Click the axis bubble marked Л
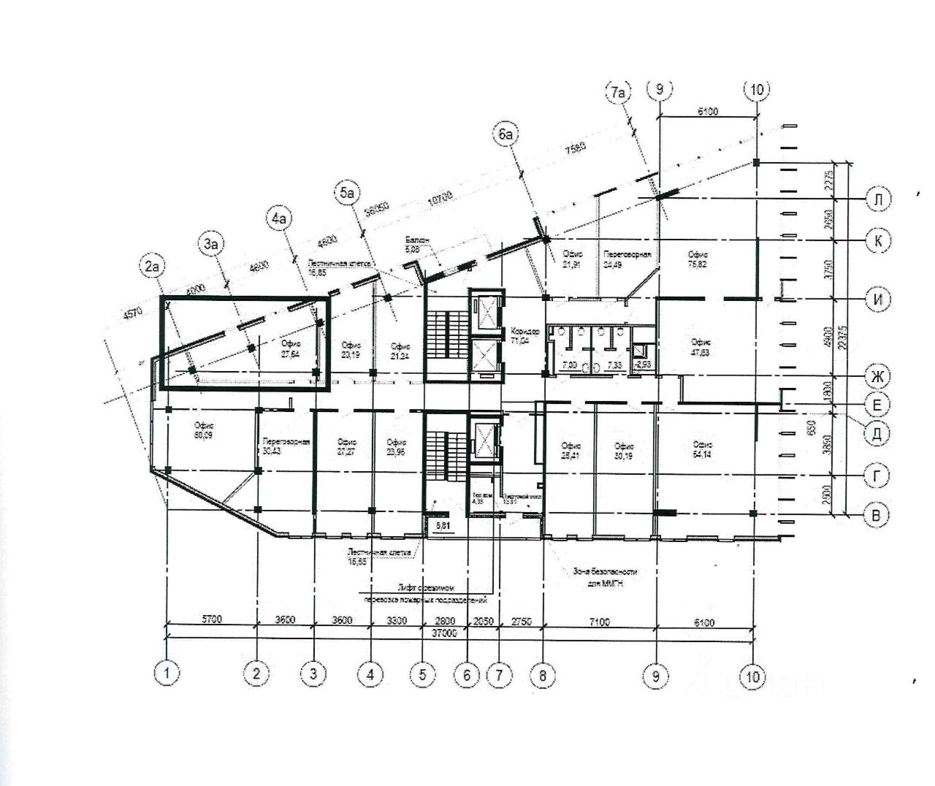click(x=879, y=199)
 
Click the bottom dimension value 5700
click(x=212, y=620)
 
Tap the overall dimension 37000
click(x=443, y=633)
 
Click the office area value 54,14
click(x=703, y=453)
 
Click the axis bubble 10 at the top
click(x=756, y=90)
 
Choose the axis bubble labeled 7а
click(x=618, y=93)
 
